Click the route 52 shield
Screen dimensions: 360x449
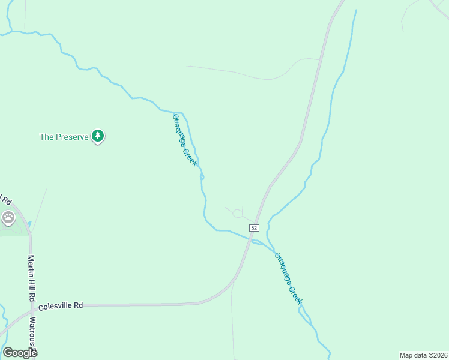(x=254, y=228)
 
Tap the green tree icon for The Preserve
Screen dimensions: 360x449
(x=98, y=136)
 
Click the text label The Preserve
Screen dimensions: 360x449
(x=64, y=137)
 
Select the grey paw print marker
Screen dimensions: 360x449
(x=8, y=218)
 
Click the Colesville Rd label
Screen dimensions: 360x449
(x=61, y=305)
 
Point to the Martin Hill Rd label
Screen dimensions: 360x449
(x=32, y=278)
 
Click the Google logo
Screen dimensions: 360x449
(x=20, y=353)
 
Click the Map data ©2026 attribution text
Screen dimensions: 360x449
(x=423, y=355)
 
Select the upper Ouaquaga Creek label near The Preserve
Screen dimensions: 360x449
(x=185, y=140)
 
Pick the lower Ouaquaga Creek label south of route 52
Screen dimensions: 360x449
(x=288, y=278)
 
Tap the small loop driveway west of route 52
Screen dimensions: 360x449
(x=237, y=213)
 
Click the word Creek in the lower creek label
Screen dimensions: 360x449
(x=294, y=292)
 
